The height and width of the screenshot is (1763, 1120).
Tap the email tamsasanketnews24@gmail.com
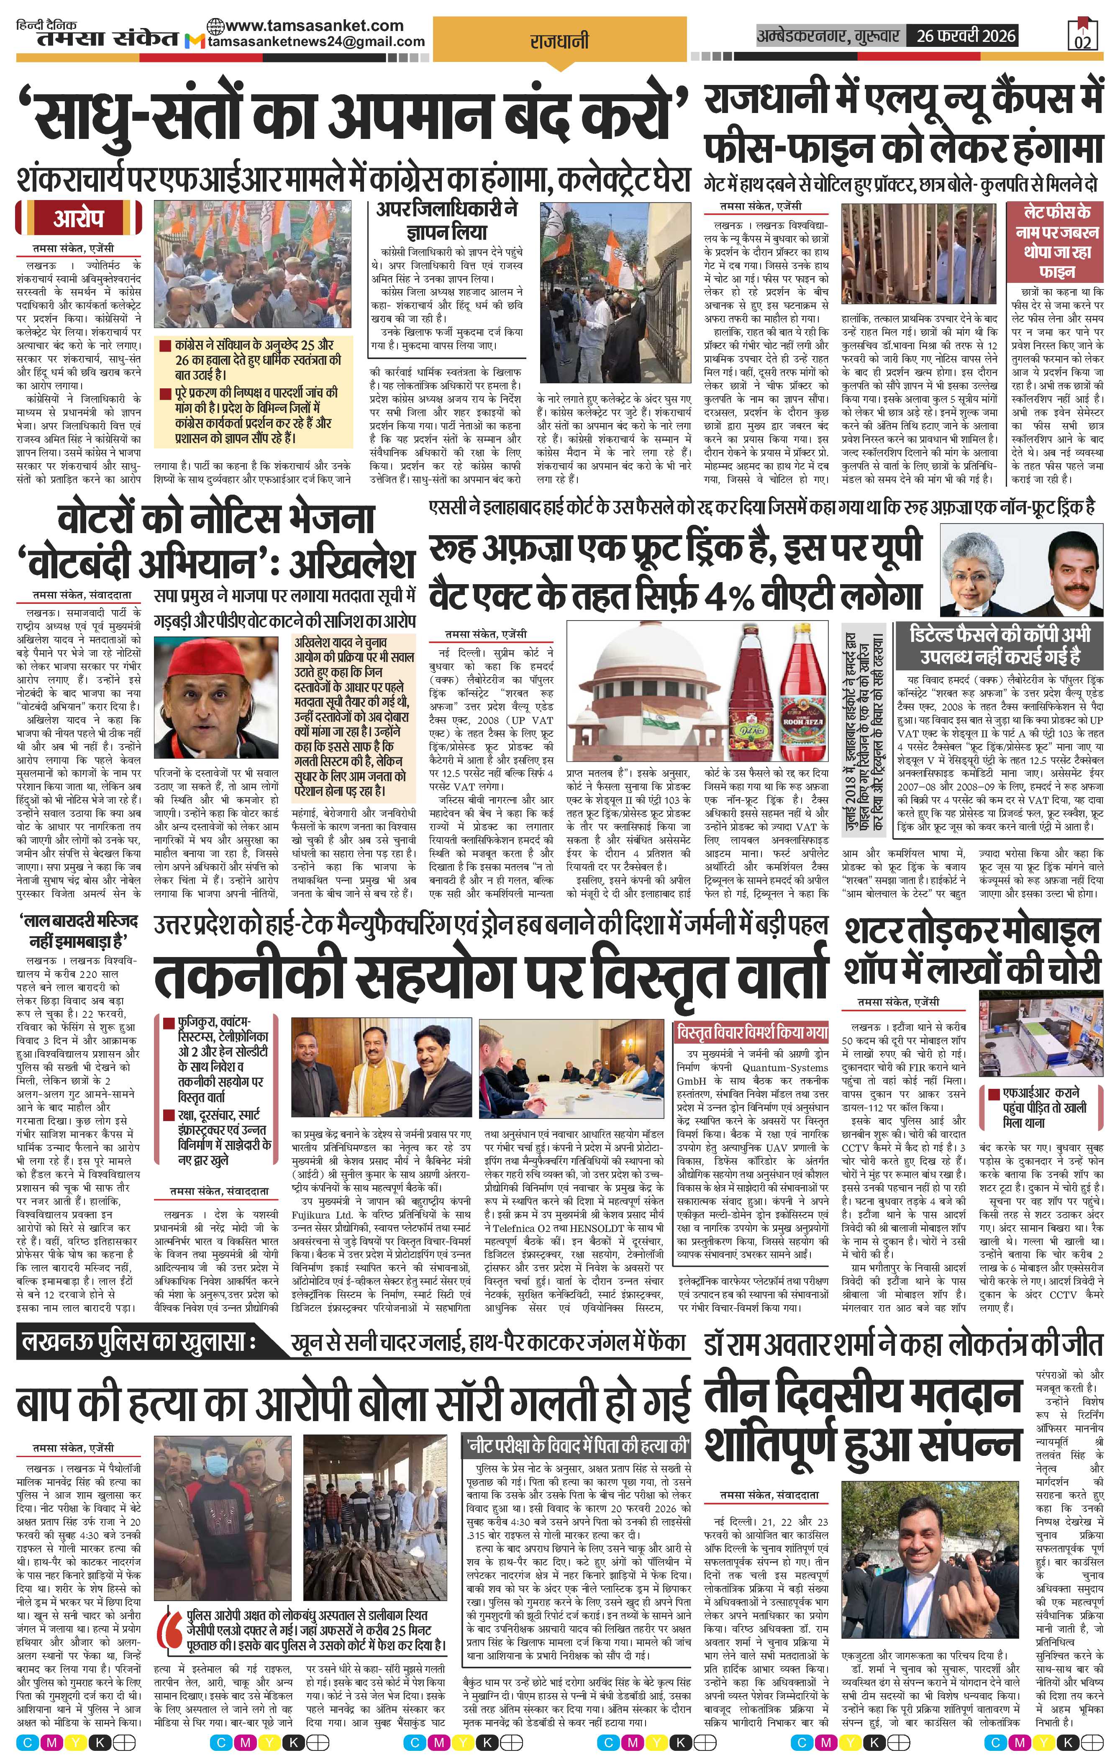tap(316, 42)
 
